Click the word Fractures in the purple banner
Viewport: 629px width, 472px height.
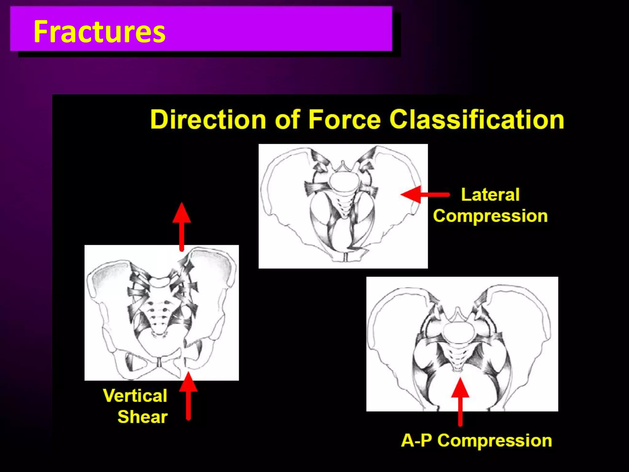click(x=99, y=31)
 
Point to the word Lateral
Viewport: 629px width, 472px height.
click(x=490, y=195)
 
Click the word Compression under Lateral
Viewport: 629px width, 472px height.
click(x=490, y=216)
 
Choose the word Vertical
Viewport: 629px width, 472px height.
click(x=135, y=395)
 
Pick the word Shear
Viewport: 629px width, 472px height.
click(x=143, y=417)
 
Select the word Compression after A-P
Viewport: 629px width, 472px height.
click(x=494, y=440)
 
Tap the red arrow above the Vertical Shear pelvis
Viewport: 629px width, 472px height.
click(x=182, y=226)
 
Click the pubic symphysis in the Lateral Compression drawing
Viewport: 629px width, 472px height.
click(x=346, y=257)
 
